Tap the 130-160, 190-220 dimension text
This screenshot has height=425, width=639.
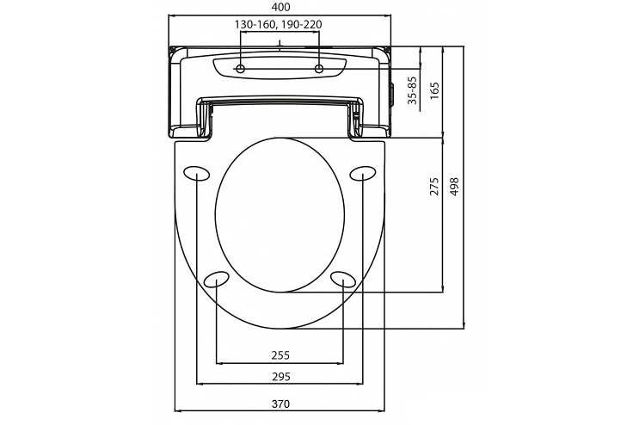pos(279,24)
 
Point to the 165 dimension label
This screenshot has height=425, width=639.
pos(434,90)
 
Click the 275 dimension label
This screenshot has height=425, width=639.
pos(434,187)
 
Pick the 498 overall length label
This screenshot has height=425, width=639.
pos(455,187)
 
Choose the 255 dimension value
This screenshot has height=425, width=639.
pos(280,354)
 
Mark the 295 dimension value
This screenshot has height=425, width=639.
pos(280,377)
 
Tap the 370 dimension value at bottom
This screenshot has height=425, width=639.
pos(280,403)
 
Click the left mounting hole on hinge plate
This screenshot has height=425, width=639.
pos(242,68)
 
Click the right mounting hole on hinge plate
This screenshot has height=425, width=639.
pos(318,68)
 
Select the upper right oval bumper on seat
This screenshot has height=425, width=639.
pos(362,172)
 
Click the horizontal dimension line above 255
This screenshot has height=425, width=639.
pos(280,363)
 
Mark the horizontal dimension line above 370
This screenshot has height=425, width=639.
pos(280,410)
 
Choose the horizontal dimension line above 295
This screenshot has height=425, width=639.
pos(280,385)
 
